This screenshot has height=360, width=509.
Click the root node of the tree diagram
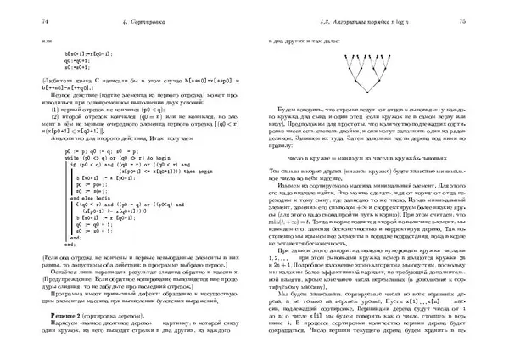[x=366, y=95]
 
